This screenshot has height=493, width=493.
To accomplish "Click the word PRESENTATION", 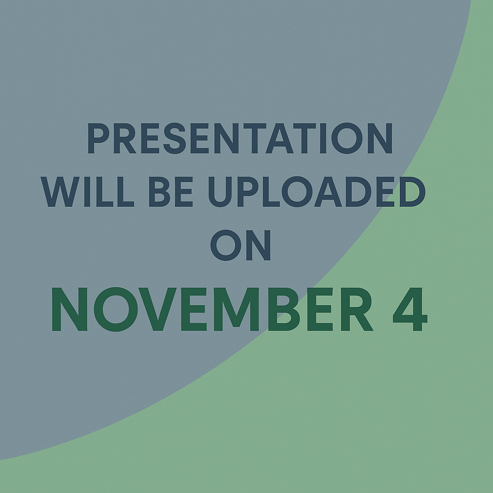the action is [x=240, y=138].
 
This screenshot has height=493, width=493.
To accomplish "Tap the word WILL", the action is [x=88, y=192].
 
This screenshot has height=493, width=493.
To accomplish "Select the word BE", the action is [x=171, y=192].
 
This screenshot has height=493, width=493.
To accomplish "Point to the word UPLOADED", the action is [x=317, y=192].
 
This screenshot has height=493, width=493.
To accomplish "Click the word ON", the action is [x=241, y=245].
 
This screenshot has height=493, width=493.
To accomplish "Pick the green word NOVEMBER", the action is [x=212, y=309].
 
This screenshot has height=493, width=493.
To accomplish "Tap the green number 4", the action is [x=410, y=309].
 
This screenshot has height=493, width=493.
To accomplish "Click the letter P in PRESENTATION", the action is [x=98, y=138].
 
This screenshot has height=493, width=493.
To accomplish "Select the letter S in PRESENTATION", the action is [x=174, y=138].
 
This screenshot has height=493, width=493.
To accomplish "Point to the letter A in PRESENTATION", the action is [x=280, y=138].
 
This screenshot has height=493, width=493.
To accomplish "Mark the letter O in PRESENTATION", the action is [x=347, y=138].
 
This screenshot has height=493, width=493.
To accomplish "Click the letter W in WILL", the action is [x=60, y=192].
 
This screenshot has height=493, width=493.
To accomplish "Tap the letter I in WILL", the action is [x=88, y=192].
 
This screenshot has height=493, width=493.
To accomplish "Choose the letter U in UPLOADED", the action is [x=220, y=192].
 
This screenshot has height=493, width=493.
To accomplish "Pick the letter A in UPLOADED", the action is [x=328, y=192].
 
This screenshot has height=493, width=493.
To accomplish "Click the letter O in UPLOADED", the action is [x=297, y=192].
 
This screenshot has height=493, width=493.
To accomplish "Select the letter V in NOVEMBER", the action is [x=157, y=309].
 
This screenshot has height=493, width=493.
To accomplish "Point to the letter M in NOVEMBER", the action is [x=236, y=309].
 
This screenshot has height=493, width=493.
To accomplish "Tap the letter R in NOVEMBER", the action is [x=357, y=309].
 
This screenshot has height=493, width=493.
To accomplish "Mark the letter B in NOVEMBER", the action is [x=288, y=309].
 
